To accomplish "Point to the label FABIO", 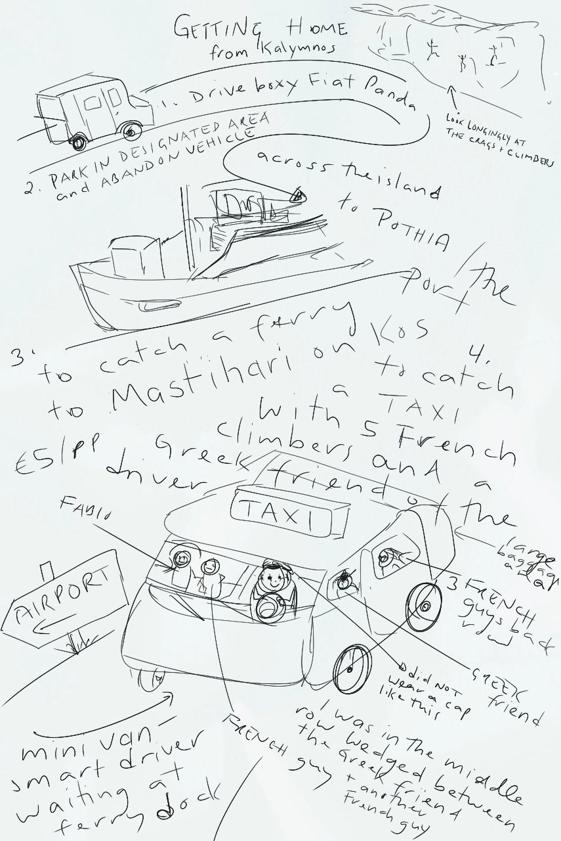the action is pyautogui.click(x=81, y=510).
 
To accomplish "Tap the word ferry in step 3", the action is pyautogui.click(x=302, y=329).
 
